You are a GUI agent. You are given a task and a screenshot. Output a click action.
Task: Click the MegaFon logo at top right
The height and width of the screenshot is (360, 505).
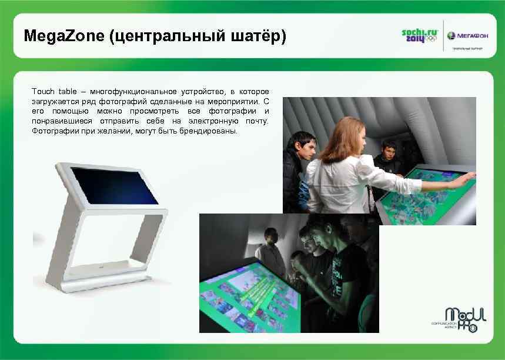[467, 36]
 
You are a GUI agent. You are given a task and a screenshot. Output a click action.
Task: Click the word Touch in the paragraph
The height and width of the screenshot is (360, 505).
[43, 92]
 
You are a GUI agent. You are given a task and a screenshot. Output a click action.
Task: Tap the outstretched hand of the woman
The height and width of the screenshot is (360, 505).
[468, 177]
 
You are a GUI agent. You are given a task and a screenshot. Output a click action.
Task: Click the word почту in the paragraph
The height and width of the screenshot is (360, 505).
[255, 121]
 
